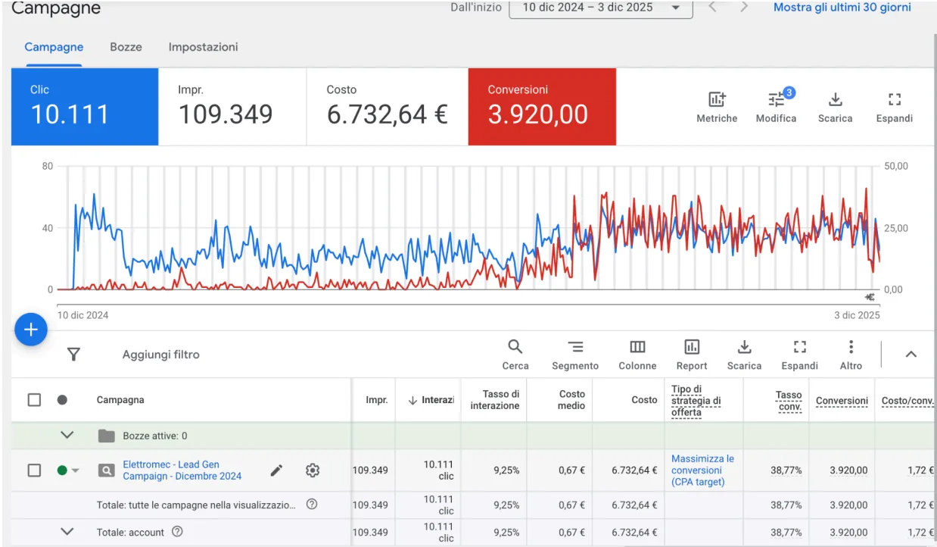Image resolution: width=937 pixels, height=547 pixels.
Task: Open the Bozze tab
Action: pyautogui.click(x=126, y=47)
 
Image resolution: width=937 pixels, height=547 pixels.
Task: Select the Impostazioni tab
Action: pyautogui.click(x=204, y=47)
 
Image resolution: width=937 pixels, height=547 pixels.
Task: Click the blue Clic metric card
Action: pyautogui.click(x=85, y=107)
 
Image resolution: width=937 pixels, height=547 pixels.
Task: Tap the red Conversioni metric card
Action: pyautogui.click(x=542, y=107)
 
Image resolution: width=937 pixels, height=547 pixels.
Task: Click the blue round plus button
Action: pyautogui.click(x=31, y=330)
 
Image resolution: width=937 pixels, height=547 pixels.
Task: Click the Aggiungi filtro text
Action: pyautogui.click(x=161, y=355)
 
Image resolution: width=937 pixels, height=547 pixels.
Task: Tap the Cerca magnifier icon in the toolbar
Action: pyautogui.click(x=515, y=347)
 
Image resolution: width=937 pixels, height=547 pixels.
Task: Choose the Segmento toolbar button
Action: pyautogui.click(x=575, y=355)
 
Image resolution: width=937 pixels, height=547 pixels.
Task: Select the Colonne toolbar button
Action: pyautogui.click(x=637, y=355)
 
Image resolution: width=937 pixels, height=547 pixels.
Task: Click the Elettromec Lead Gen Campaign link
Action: pyautogui.click(x=182, y=470)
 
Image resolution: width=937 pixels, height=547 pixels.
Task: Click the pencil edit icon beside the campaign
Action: pyautogui.click(x=276, y=470)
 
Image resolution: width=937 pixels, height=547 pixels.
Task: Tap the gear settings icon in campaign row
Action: pyautogui.click(x=313, y=470)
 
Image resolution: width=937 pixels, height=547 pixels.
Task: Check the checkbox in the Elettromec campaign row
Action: pyautogui.click(x=34, y=470)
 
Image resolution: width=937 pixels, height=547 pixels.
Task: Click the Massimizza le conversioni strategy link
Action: pyautogui.click(x=702, y=470)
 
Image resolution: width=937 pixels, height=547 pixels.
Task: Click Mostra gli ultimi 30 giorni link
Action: pyautogui.click(x=842, y=8)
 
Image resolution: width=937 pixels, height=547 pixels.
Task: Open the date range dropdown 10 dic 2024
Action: pyautogui.click(x=601, y=8)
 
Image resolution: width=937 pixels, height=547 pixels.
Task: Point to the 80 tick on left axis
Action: pyautogui.click(x=47, y=166)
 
